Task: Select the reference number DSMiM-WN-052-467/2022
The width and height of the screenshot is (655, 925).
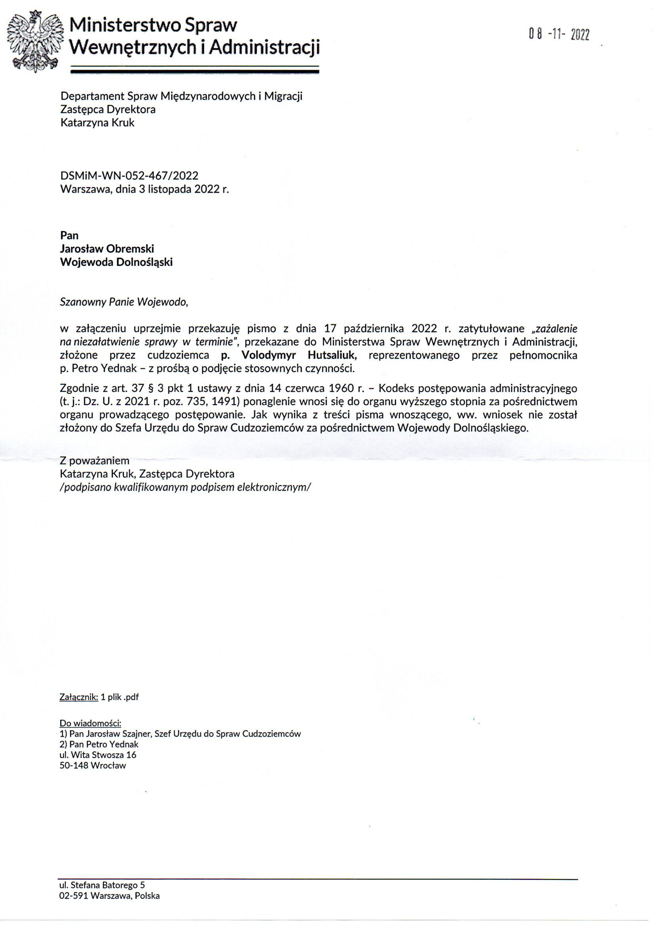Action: (129, 176)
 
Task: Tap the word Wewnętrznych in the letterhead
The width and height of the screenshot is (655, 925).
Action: (134, 48)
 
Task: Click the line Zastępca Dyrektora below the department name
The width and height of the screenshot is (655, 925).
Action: (108, 109)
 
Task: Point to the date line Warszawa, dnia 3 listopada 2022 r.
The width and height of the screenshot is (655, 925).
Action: (145, 189)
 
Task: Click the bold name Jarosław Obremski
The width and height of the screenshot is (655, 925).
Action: (107, 248)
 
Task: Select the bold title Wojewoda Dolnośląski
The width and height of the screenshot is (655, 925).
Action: (116, 262)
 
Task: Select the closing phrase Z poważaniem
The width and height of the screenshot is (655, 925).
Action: (94, 461)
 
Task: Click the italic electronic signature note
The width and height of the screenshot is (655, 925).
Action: (185, 487)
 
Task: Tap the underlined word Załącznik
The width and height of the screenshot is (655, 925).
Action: (79, 697)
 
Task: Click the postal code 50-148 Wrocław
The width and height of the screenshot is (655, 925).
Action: (93, 766)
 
